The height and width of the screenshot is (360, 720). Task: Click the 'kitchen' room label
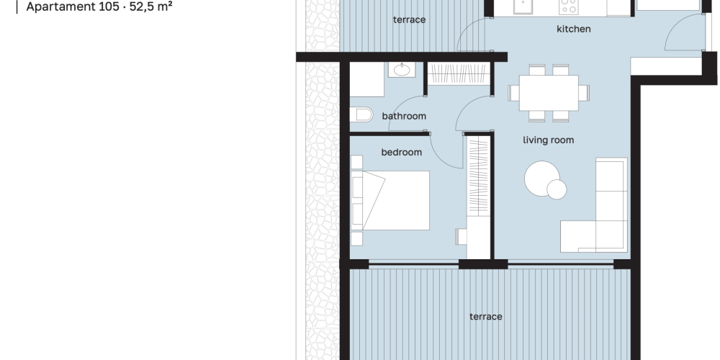coord(574,29)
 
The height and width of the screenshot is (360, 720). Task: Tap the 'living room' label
coord(548,140)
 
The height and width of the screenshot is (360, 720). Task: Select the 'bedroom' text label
coord(401,152)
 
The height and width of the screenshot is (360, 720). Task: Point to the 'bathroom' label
coord(404,116)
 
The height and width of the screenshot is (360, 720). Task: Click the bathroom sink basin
coord(402,70)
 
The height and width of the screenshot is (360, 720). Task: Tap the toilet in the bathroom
coord(361,114)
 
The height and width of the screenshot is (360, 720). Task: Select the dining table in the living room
coord(548,93)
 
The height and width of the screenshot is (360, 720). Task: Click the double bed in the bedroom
coord(390,200)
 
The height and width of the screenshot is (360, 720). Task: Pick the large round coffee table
coord(542,178)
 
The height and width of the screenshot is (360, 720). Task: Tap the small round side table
coord(557,189)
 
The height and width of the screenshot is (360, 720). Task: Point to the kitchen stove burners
coord(569,6)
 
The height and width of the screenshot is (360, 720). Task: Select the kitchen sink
coord(523,6)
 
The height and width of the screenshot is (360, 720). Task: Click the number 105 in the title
coord(109,7)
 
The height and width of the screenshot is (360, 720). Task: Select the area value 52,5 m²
coord(151,7)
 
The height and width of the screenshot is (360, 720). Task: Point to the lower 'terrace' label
coord(486,316)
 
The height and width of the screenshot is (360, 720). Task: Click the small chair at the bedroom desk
coord(461,237)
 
